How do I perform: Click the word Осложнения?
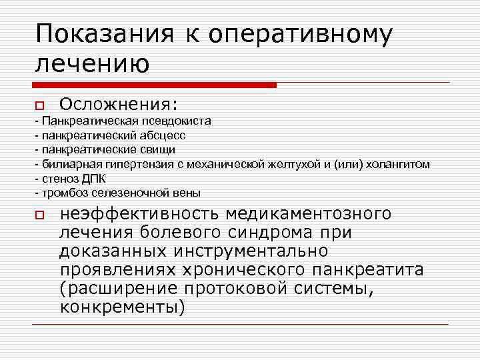119,105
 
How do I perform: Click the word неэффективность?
139,215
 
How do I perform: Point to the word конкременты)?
122,308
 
